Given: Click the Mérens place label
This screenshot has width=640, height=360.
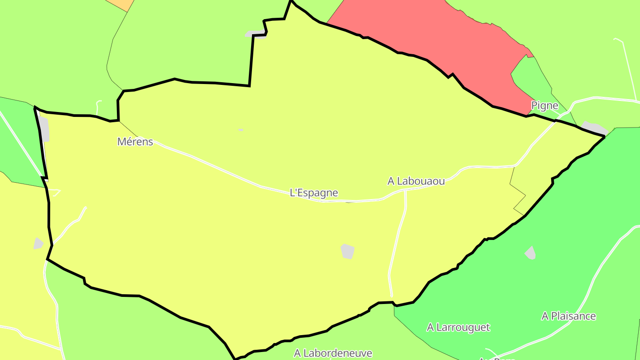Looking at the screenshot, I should point(135,142).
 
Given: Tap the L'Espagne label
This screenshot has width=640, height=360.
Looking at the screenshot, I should point(314,193).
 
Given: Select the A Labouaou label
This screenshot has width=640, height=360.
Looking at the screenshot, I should point(416,181).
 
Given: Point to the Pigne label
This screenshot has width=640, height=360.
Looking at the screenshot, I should point(544,106).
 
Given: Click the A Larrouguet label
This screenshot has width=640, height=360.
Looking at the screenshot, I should point(458,328).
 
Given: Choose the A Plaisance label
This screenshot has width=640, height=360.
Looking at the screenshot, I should point(568,316).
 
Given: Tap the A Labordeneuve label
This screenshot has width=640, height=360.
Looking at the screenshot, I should point(333,353).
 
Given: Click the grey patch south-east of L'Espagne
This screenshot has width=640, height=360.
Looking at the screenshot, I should point(348,251).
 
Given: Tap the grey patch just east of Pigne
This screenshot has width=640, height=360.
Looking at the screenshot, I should point(594,128).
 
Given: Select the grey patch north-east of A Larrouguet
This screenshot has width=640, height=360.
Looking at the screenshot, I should point(530,253).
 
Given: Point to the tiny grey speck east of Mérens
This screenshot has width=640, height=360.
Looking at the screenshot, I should point(240,130).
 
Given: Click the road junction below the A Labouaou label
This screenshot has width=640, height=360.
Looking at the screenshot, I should point(406,190).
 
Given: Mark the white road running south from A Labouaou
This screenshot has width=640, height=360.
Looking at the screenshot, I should point(397,240).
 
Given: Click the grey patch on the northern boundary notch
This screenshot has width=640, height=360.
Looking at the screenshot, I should point(255,33).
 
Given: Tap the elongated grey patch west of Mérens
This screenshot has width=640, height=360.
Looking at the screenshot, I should point(44,129).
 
